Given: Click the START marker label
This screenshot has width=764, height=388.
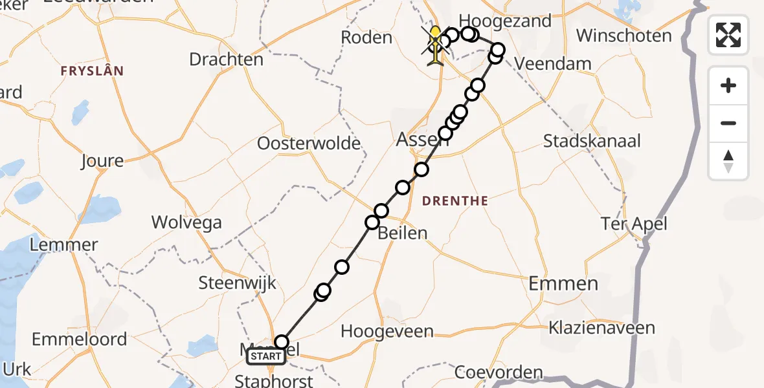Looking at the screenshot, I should pos(265,356).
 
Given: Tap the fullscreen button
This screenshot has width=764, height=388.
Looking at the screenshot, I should pos(728,35).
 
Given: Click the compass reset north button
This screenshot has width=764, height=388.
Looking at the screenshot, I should pos(728,161).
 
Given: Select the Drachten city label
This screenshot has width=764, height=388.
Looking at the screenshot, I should pos(226,59).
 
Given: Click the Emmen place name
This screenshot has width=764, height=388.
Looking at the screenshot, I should pos(554,283).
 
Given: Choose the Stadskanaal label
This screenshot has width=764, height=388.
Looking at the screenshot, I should pos(592,141).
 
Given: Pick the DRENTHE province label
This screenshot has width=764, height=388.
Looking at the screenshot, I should pos(455,201).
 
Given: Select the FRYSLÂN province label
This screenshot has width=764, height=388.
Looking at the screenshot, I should pos(92,71).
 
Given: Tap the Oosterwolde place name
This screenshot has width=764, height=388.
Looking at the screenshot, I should pos(309,143).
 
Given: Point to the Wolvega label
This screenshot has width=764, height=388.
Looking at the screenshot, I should pos(186,222).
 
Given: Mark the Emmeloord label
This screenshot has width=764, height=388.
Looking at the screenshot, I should pos(79,339).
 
